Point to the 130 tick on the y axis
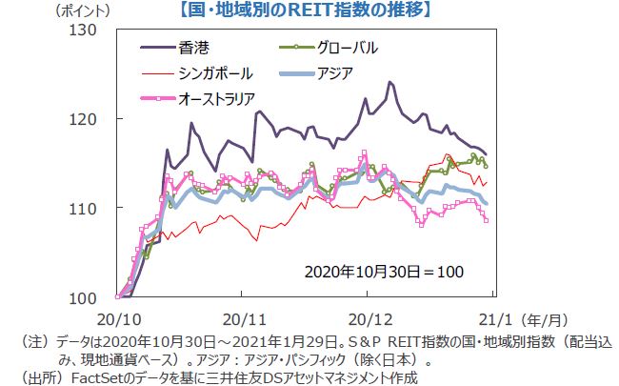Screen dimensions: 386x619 pos(85,30)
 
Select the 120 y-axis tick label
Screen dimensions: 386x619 pos(85,119)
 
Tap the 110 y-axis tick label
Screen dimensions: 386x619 pos(85,208)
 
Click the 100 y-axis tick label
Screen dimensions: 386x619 pos(85,297)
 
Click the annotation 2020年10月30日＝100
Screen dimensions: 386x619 pos(384,272)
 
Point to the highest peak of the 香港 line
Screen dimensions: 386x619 pos(390,82)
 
